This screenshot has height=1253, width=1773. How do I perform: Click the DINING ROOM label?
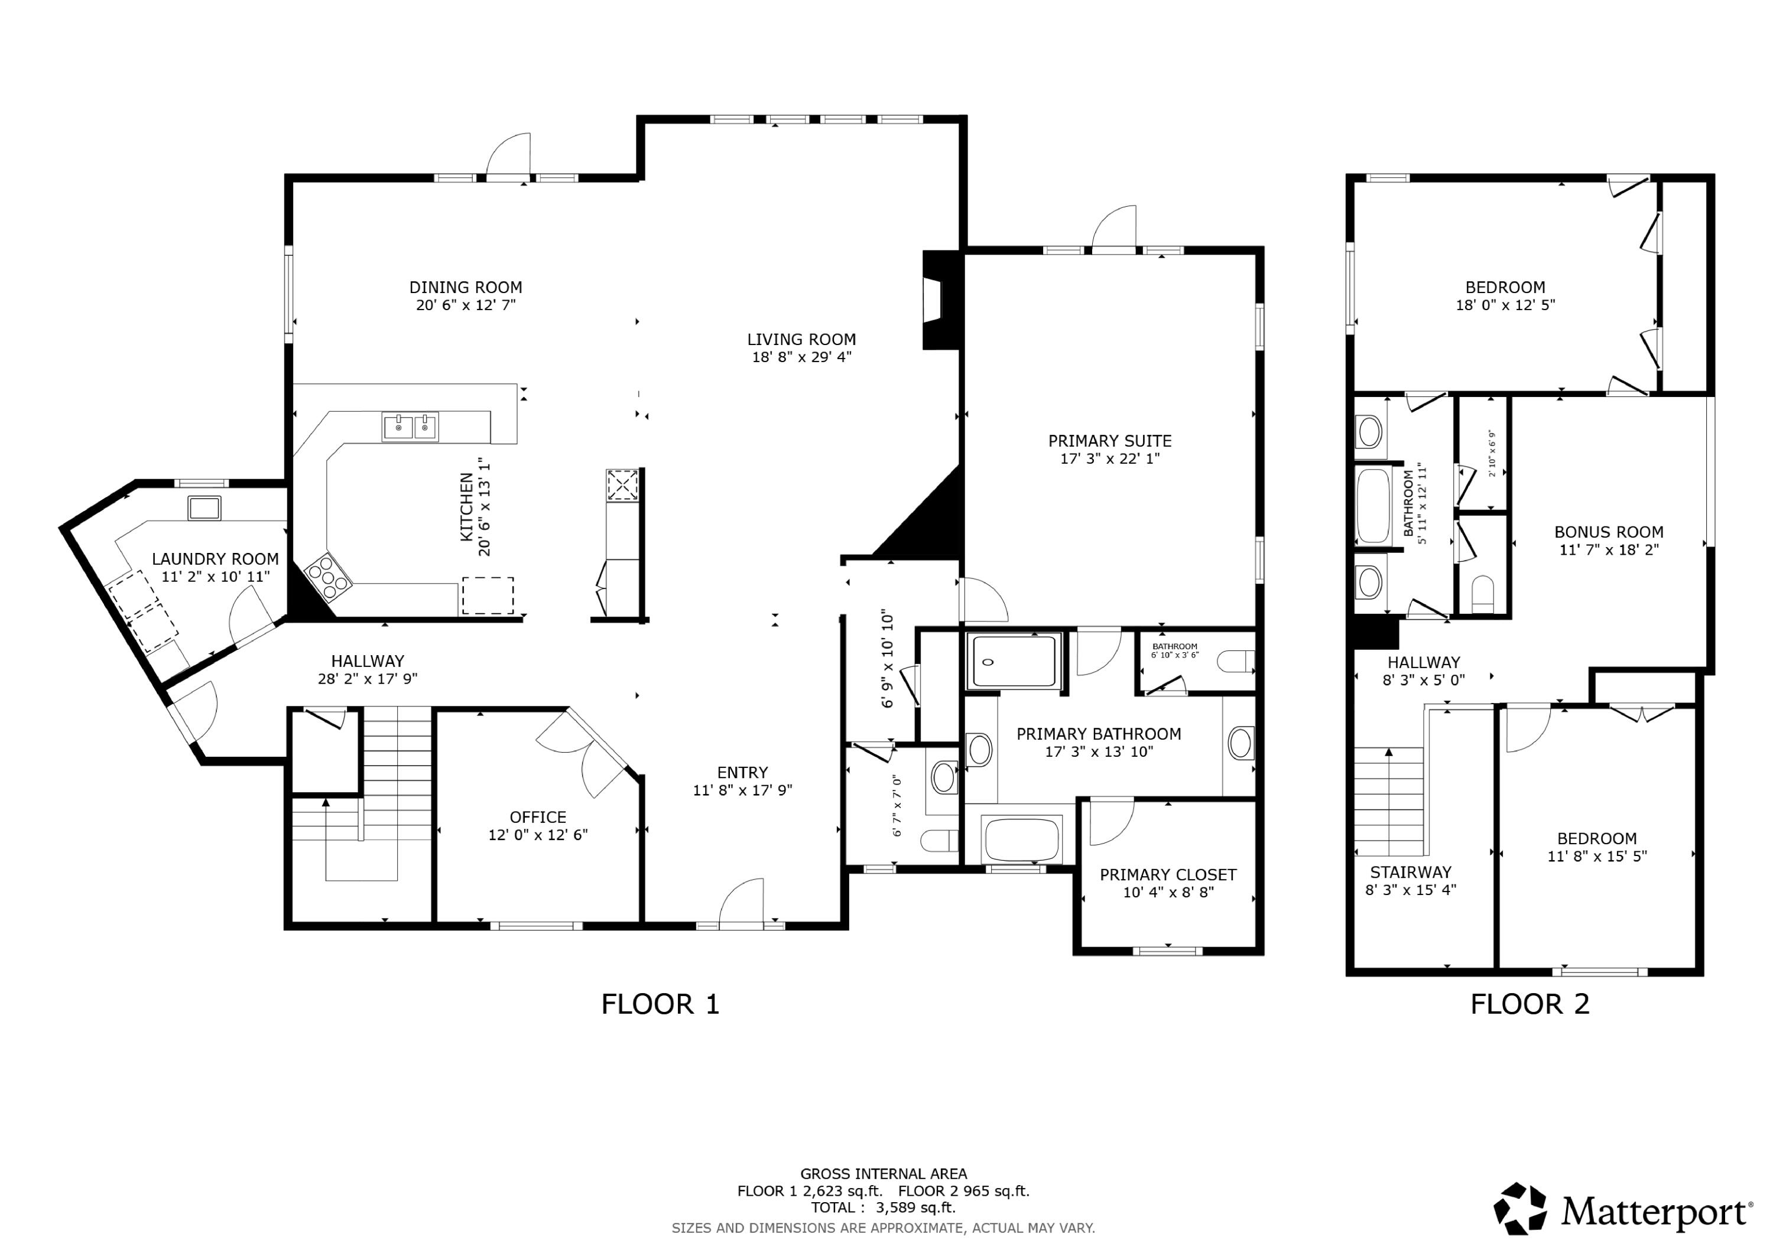click(x=465, y=287)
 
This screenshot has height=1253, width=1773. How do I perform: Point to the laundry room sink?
click(x=204, y=508)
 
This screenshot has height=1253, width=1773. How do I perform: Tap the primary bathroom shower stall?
click(x=1013, y=661)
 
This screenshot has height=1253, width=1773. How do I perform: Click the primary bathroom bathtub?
click(x=1022, y=840)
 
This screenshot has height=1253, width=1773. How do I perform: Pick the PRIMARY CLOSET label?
click(x=1168, y=875)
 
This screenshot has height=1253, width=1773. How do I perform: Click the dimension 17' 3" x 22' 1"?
click(x=1110, y=458)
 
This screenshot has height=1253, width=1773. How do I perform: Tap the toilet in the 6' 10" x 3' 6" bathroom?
click(x=1236, y=662)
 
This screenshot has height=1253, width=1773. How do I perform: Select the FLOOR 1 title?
click(x=660, y=1004)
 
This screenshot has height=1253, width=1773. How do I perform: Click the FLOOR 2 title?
click(x=1529, y=1004)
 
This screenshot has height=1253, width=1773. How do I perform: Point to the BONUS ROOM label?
click(x=1609, y=532)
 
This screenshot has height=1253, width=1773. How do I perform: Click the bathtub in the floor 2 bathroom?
click(x=1373, y=506)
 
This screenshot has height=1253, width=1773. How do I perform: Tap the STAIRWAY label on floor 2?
click(x=1410, y=873)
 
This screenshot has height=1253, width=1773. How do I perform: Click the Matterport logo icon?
click(x=1519, y=1208)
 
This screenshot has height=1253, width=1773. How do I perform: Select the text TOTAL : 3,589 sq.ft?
click(x=882, y=1208)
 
